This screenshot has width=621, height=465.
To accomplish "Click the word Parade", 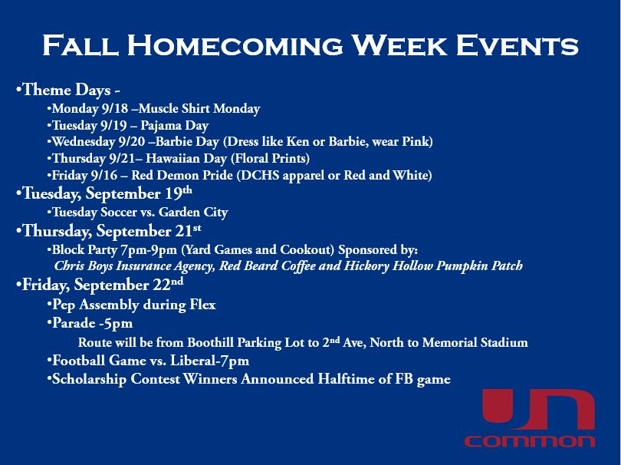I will pos(75,323).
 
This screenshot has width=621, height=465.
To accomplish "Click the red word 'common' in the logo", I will pos(529,441).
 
